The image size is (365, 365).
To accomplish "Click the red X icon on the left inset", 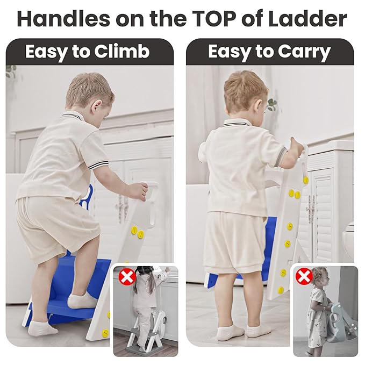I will pos(127,277).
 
